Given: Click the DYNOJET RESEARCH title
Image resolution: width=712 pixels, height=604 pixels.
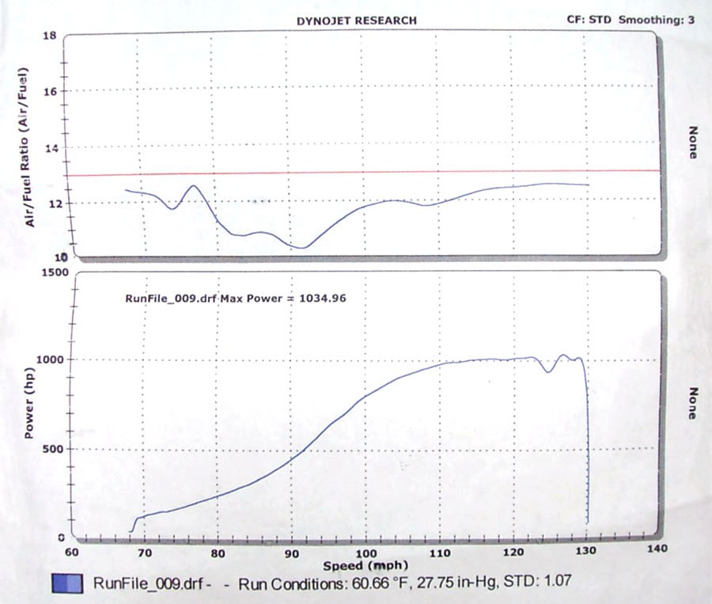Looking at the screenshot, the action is [357, 21].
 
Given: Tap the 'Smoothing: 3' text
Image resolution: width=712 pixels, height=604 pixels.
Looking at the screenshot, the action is [656, 20].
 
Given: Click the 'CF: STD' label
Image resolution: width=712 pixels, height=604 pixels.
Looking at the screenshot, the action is [589, 20].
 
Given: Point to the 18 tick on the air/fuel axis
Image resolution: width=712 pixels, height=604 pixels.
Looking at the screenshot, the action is [50, 36].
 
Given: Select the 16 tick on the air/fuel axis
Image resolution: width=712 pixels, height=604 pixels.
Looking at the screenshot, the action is [50, 91].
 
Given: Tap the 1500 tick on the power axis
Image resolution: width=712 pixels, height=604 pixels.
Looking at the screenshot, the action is [55, 272].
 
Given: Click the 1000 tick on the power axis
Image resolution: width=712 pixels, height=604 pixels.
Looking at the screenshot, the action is [50, 359].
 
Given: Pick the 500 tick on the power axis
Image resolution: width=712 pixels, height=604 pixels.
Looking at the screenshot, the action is [54, 449].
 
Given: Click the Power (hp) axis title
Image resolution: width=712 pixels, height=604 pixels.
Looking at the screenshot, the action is [29, 403].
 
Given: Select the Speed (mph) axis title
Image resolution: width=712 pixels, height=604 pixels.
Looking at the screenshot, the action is [365, 566].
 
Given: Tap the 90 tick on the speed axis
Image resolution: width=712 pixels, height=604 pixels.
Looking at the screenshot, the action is [292, 553].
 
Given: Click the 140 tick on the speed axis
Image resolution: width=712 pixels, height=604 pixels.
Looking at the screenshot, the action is [657, 549].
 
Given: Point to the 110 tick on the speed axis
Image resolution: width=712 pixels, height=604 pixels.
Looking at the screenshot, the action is [440, 553].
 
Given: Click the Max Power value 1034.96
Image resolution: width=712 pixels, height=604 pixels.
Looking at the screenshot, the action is [323, 298].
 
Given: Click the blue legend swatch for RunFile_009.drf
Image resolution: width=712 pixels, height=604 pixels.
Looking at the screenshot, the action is [68, 583].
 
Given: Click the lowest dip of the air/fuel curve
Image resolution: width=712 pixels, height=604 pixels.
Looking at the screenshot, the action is [302, 248].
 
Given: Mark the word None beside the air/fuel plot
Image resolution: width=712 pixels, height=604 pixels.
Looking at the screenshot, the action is [693, 142].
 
